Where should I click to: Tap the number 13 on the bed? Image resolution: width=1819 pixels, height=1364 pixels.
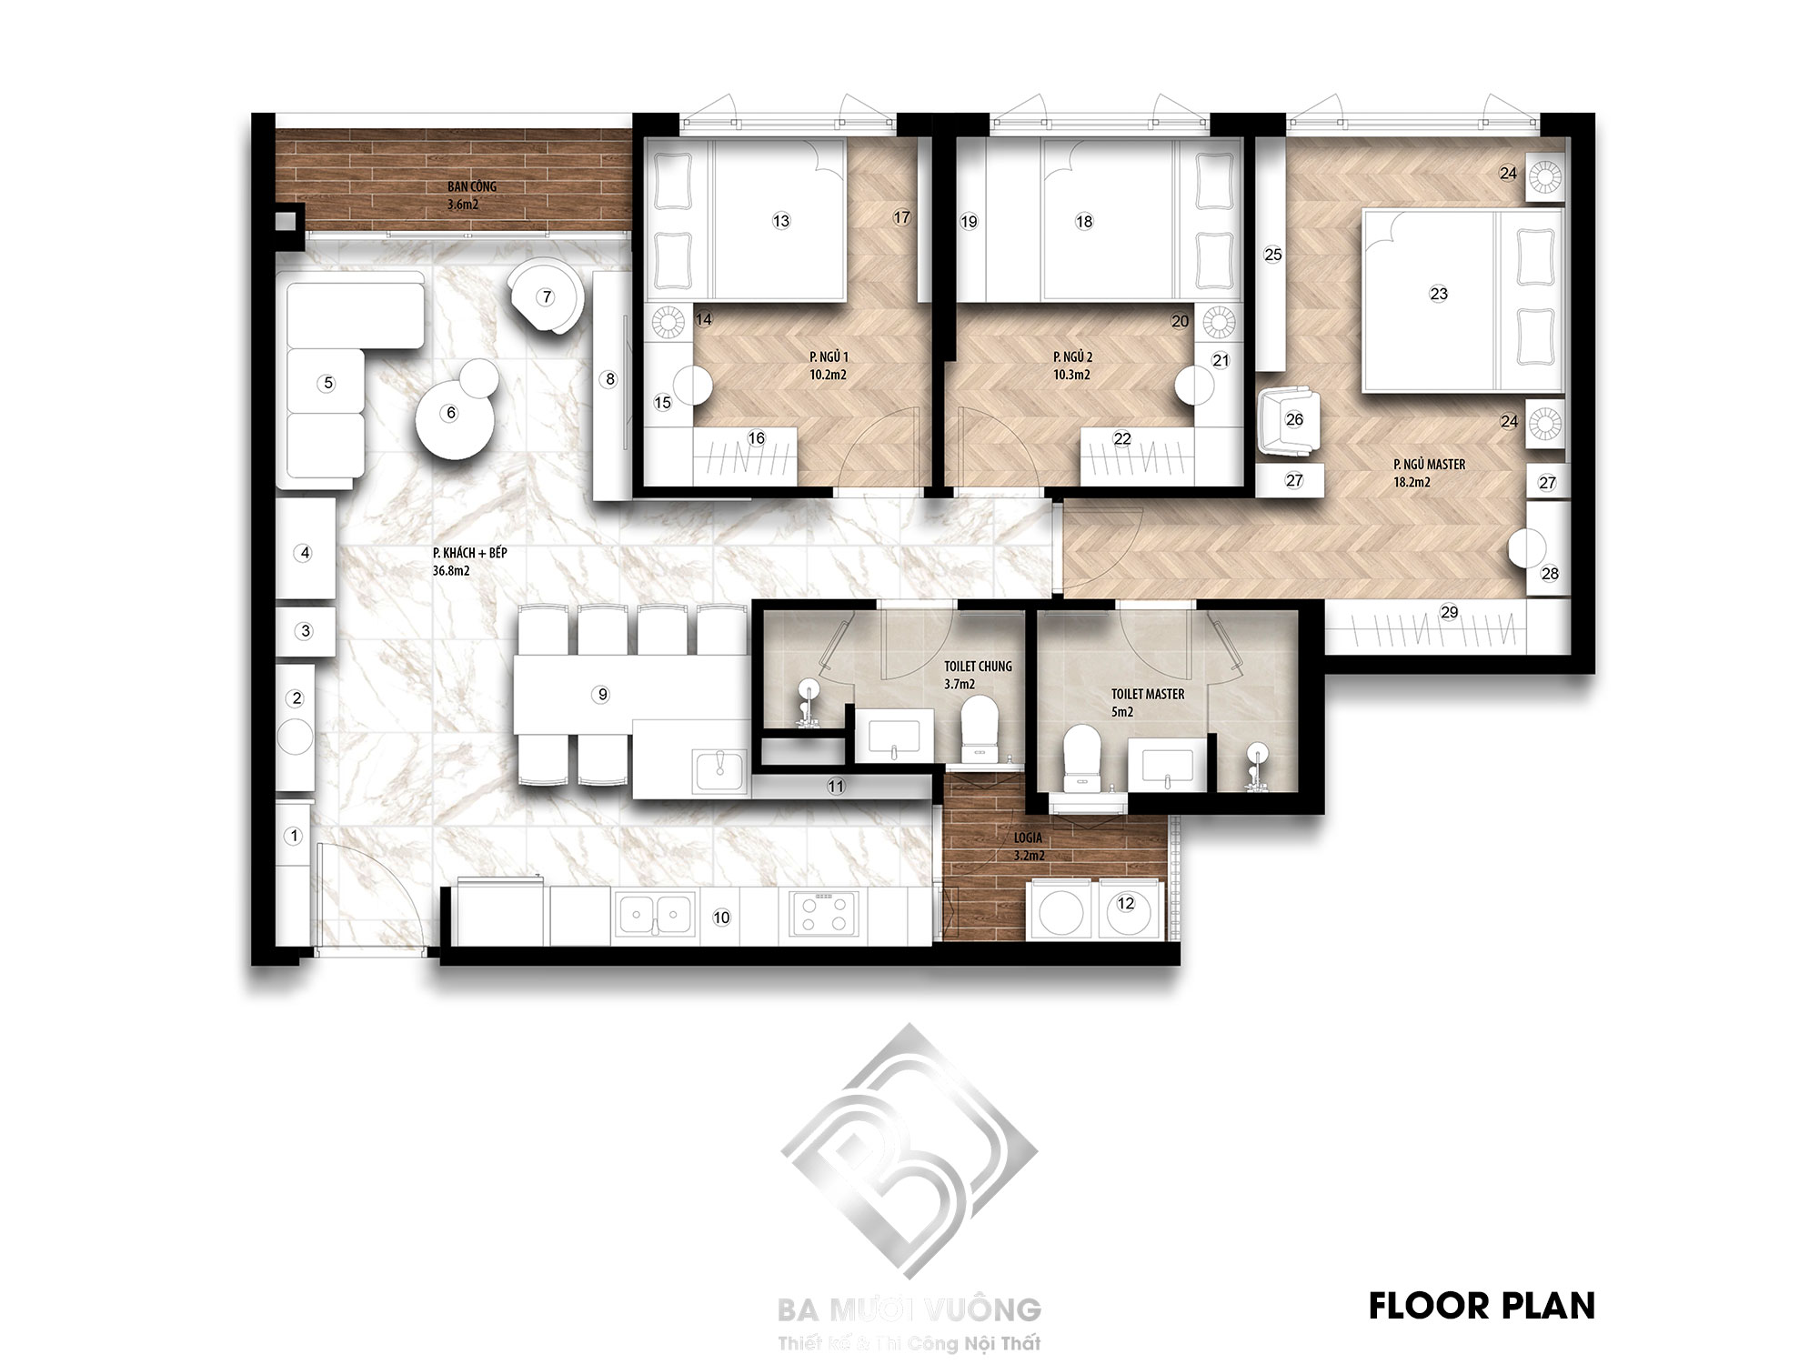tap(780, 221)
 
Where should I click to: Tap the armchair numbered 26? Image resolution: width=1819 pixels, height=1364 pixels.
tap(1292, 419)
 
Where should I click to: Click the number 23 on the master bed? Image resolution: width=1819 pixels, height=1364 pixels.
tap(1438, 294)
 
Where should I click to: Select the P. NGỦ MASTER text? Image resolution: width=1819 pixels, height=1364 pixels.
tap(1429, 465)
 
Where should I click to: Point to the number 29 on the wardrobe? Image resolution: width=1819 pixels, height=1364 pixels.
tap(1449, 612)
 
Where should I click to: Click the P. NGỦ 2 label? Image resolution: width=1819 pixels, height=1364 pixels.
tap(1071, 356)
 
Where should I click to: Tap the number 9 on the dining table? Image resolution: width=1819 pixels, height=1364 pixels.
tap(601, 695)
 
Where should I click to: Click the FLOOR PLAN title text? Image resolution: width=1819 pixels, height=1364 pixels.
tap(1482, 1306)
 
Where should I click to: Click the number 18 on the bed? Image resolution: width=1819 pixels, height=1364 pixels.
tap(1083, 221)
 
